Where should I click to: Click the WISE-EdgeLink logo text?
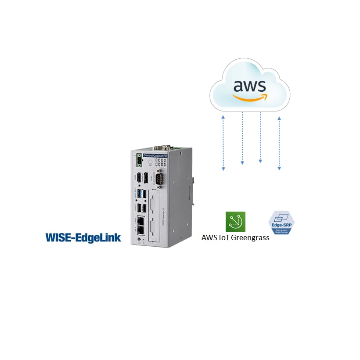[x=83, y=238]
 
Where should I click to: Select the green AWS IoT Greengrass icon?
[x=235, y=222]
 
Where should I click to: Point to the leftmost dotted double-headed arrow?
[x=223, y=142]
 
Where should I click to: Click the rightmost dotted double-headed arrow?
[x=279, y=142]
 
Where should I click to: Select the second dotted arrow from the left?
[x=242, y=138]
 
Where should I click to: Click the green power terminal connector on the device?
[x=140, y=161]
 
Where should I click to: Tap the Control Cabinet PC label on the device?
[x=158, y=155]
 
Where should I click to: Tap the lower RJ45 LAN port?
[x=142, y=230]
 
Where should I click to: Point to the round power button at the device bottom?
[x=139, y=239]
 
